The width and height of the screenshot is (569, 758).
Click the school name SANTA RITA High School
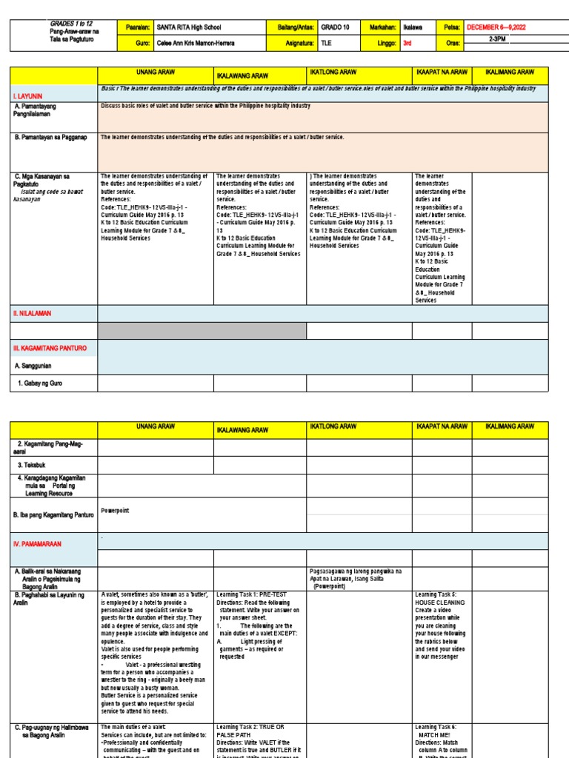[190, 27]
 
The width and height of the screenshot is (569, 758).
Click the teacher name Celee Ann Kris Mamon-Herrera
[196, 43]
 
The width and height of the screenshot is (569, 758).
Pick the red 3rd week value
[407, 43]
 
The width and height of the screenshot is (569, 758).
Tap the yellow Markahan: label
[383, 27]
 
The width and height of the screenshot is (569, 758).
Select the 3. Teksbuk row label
[33, 465]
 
